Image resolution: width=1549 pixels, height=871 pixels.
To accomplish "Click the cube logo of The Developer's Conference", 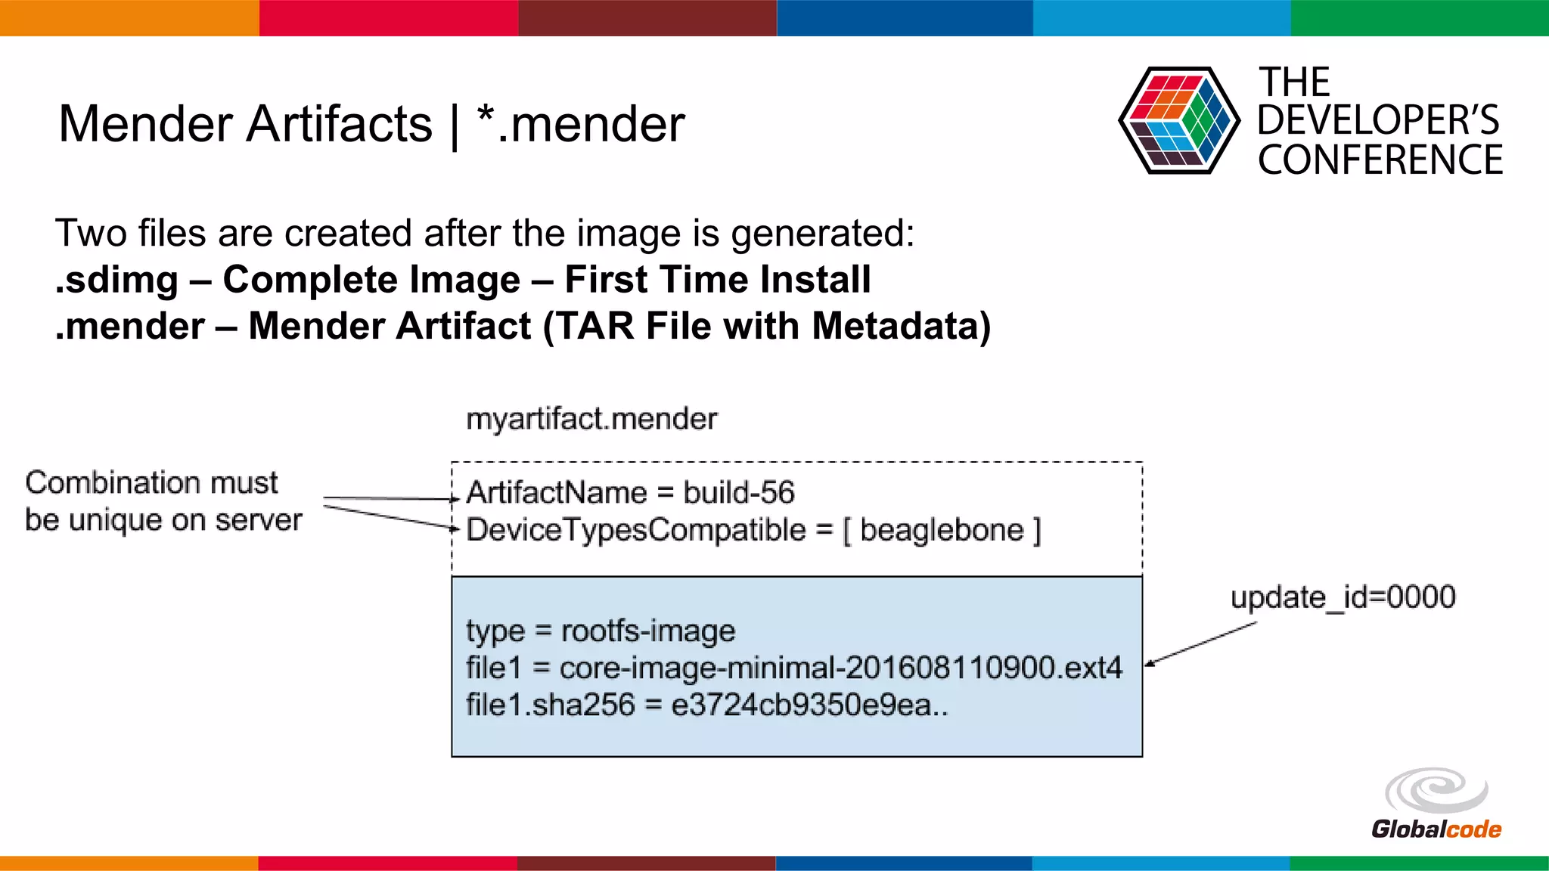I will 1178,120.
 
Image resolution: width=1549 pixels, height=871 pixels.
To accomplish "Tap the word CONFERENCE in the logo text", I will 1380,160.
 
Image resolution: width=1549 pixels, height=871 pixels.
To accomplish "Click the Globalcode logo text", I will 1436,829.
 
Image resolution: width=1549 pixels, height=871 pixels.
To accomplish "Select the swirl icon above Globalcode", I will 1436,791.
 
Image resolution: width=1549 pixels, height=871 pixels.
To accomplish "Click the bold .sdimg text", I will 117,280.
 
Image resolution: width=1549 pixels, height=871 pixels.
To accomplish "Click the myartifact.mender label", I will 591,419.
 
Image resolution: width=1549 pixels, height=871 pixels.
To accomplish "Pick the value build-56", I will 739,493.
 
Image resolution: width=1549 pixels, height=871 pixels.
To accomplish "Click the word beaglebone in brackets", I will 942,530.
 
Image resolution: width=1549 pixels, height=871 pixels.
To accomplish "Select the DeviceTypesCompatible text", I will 636,530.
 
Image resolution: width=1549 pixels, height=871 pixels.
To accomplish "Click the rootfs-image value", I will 648,631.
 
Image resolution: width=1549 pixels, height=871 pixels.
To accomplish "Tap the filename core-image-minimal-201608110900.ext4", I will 840,668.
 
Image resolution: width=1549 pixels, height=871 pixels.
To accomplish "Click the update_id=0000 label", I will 1343,597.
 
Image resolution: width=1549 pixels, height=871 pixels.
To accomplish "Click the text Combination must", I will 151,482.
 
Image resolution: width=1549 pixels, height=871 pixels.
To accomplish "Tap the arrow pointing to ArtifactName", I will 390,498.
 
